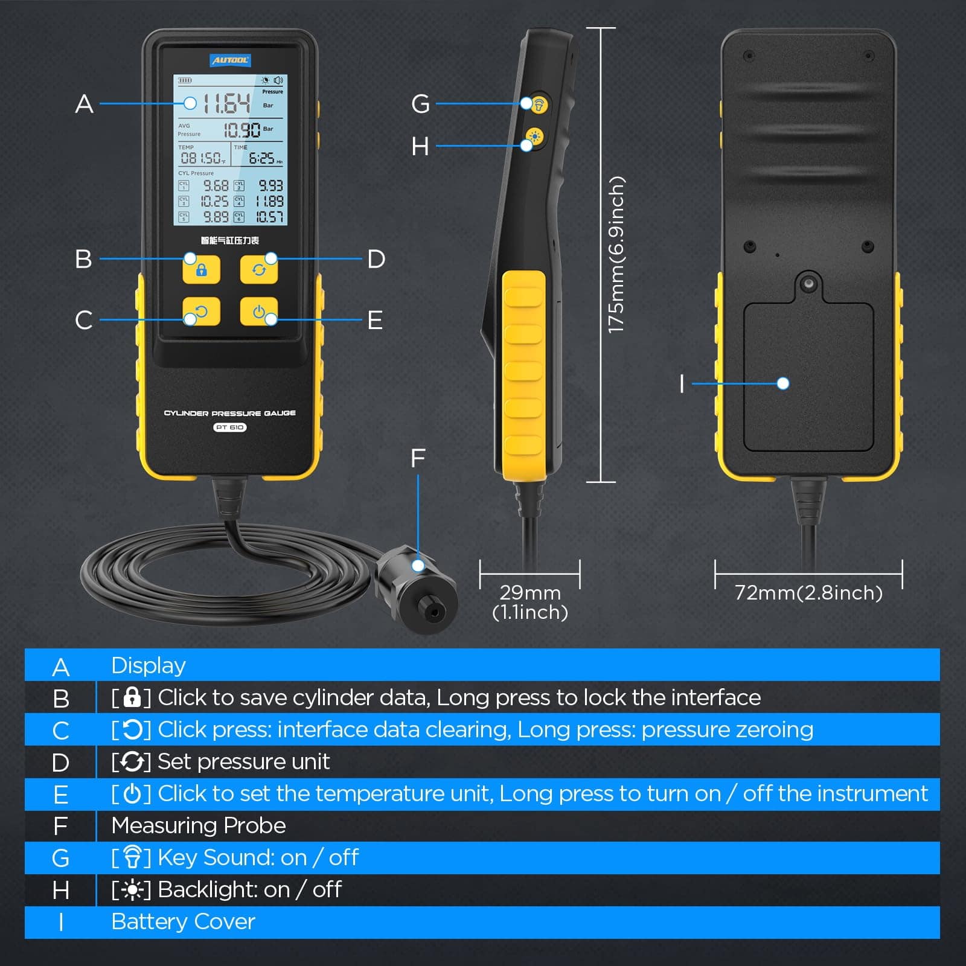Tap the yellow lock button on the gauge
(201, 270)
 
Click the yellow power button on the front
(259, 312)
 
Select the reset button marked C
(201, 312)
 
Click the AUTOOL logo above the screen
(229, 60)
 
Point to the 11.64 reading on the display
(226, 104)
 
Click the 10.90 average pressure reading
(242, 130)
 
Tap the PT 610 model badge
(229, 427)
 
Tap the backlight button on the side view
(534, 137)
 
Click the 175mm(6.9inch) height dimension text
(616, 255)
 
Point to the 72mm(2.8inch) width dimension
(808, 593)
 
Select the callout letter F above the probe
(418, 458)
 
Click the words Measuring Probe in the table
(199, 825)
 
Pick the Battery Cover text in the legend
(183, 921)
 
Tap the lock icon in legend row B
(132, 697)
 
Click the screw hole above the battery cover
(808, 283)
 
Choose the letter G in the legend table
(60, 858)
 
